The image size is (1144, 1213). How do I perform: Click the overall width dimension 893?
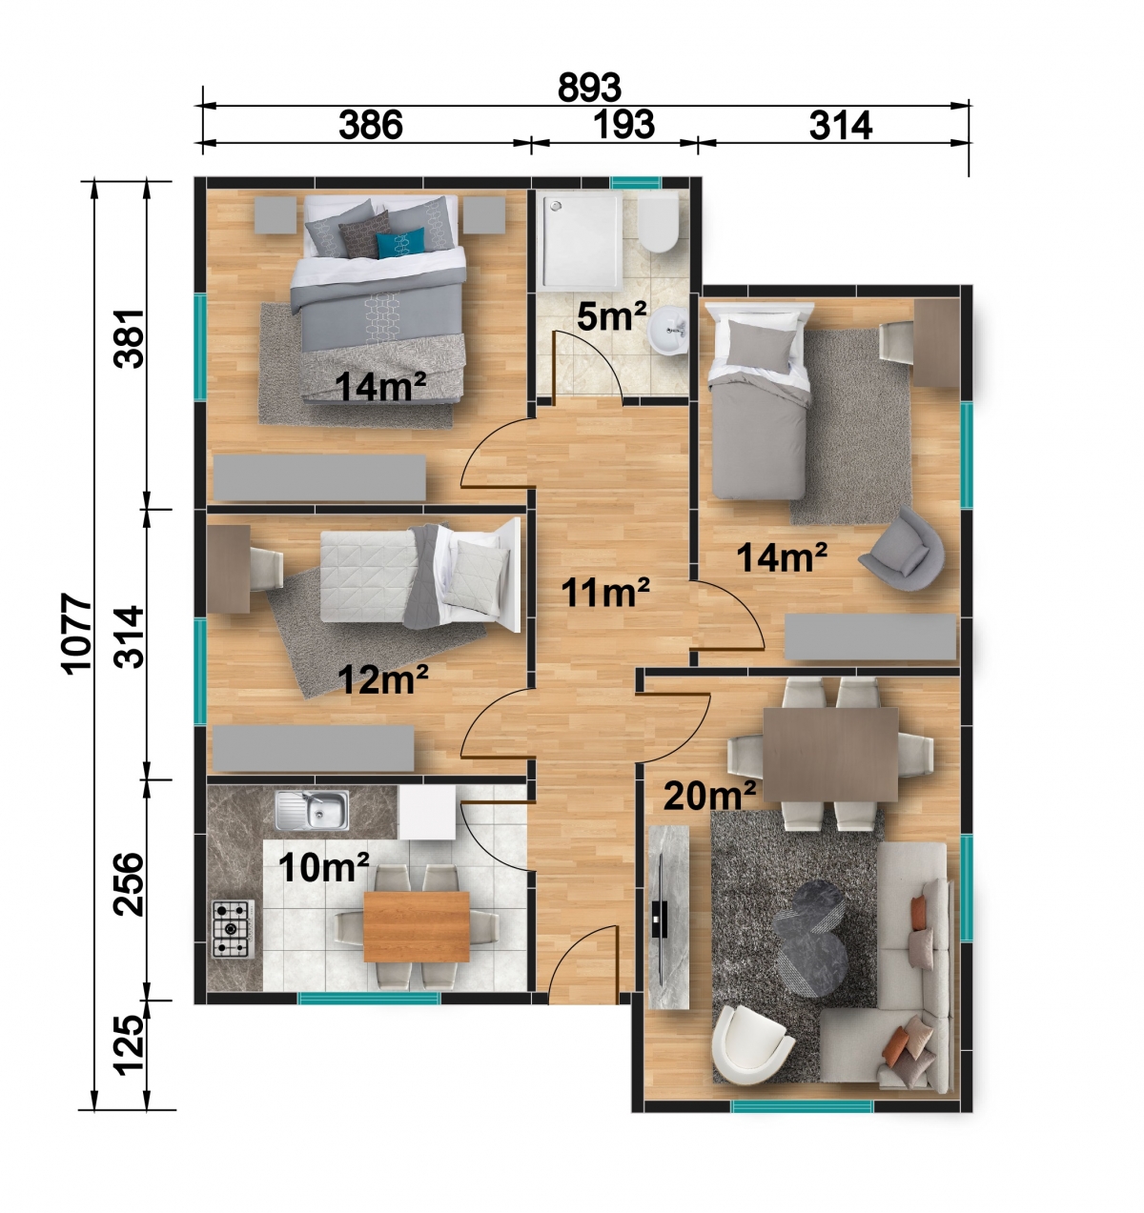pos(588,88)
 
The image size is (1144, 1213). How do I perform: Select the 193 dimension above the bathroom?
pos(623,125)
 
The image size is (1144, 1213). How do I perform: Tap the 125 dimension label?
pos(129,1048)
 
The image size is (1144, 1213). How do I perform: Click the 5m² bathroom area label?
pos(611,316)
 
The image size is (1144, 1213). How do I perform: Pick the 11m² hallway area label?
pos(605,593)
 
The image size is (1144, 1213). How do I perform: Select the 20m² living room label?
pos(709,796)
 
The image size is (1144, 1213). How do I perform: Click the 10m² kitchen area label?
pos(323,867)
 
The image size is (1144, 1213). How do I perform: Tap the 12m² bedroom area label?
pos(382,679)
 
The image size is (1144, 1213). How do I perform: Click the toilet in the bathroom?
pos(658,222)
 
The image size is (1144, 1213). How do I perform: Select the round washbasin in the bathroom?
pos(667,330)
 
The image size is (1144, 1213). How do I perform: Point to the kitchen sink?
pos(312,811)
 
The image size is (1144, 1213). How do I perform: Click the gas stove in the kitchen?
pos(234,928)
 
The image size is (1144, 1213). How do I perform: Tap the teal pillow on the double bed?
pos(400,244)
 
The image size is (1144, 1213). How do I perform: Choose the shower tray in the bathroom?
pos(580,242)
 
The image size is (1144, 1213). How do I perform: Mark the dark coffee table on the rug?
pos(810,939)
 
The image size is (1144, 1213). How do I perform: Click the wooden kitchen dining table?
pos(417,926)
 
